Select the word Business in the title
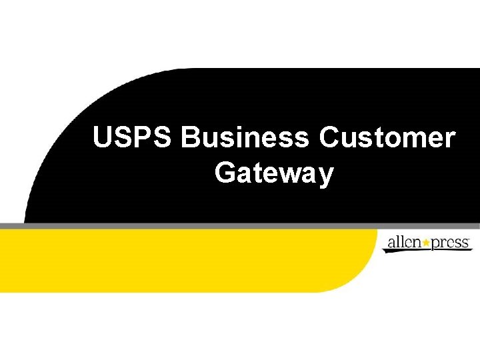coord(245,139)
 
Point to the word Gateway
coord(274,174)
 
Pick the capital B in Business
coord(191,139)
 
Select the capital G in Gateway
coord(225,173)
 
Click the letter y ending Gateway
coord(326,176)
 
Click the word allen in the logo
coord(404,242)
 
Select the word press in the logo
coord(451,243)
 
